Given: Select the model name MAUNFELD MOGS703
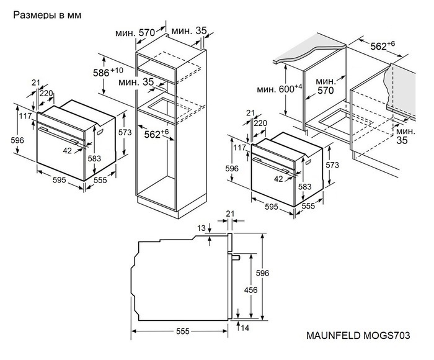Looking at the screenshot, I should [358, 335].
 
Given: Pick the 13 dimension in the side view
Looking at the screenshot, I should [201, 228].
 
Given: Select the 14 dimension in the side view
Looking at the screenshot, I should [246, 328].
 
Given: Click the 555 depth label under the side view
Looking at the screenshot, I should [182, 332].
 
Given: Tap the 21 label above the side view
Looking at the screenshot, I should [231, 214].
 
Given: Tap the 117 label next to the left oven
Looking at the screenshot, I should [25, 116].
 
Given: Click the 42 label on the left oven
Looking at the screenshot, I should [67, 150].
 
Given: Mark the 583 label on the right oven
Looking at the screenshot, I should [305, 186].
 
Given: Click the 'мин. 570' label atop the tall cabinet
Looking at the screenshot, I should [138, 32].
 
